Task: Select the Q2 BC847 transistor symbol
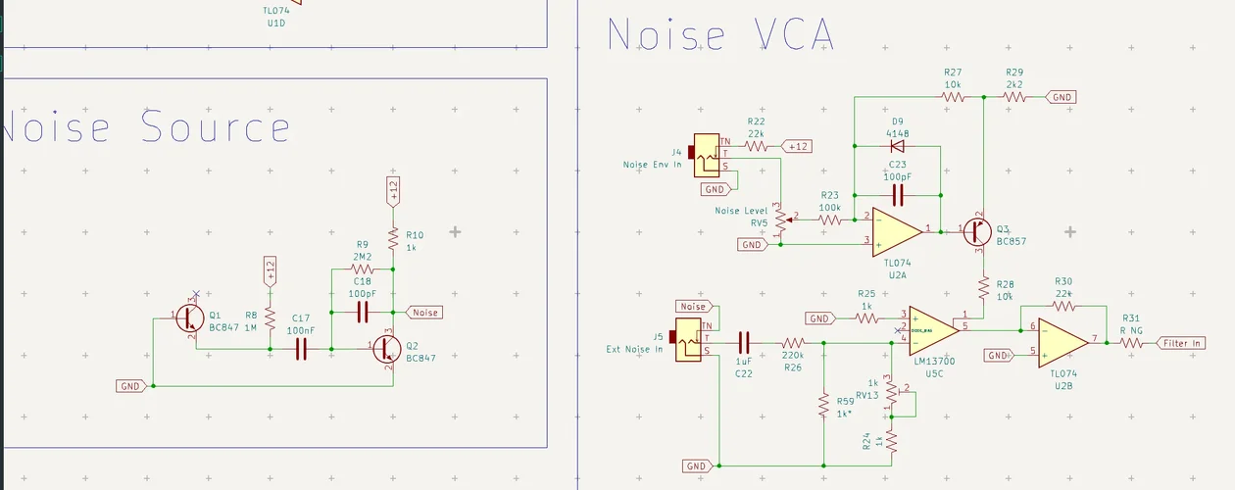point(386,349)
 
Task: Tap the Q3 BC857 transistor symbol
point(976,231)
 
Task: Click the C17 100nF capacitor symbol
point(302,349)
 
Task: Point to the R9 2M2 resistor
point(363,269)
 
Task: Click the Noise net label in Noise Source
point(424,313)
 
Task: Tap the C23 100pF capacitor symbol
point(897,192)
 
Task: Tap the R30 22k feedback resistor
point(1062,304)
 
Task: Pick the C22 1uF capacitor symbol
point(743,343)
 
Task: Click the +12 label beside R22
point(797,147)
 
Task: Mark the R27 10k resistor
point(953,97)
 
